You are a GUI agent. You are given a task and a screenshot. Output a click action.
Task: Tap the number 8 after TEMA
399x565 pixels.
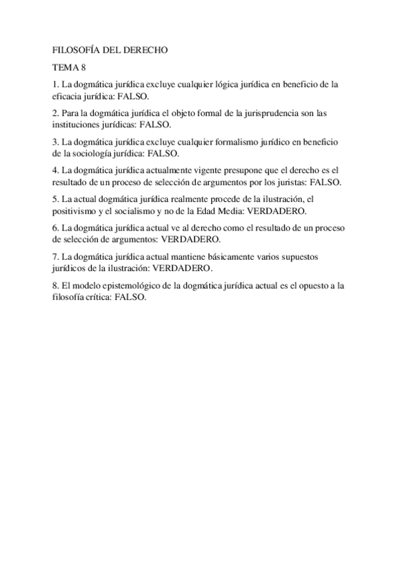[83, 67]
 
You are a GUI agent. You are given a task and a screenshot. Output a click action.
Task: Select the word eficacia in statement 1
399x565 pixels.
[68, 96]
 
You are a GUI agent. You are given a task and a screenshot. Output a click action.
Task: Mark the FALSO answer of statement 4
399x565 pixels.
[328, 182]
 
